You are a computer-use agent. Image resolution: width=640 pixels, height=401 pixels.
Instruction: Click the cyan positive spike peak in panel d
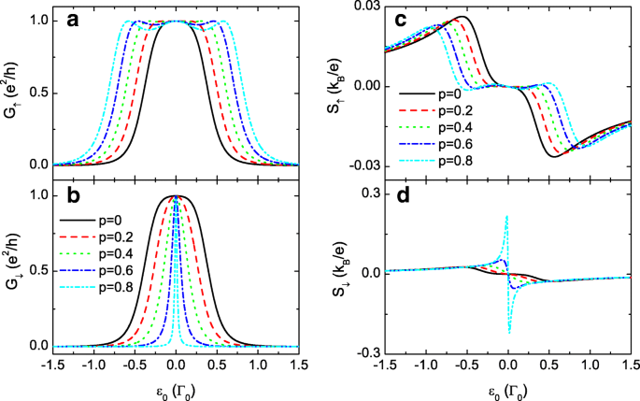coord(506,216)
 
